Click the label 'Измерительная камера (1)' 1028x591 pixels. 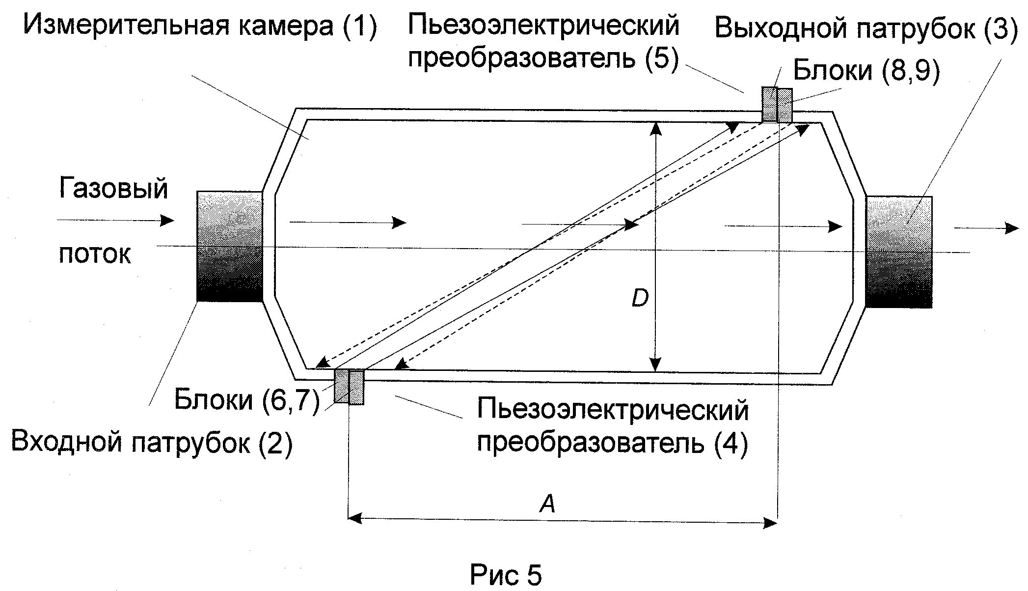coord(200,26)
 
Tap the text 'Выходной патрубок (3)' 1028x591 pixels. coord(866,28)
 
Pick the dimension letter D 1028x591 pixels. coord(640,298)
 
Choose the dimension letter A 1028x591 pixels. coord(547,503)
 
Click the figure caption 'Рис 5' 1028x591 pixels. coord(506,574)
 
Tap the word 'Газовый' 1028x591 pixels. coord(113,188)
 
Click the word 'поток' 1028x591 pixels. coord(95,254)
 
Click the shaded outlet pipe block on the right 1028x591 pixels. coord(898,252)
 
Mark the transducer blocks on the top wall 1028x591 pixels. coord(777,105)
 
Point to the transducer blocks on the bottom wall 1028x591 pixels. coord(349,386)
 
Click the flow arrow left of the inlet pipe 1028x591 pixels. coord(116,220)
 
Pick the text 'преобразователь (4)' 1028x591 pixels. coord(613,444)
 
